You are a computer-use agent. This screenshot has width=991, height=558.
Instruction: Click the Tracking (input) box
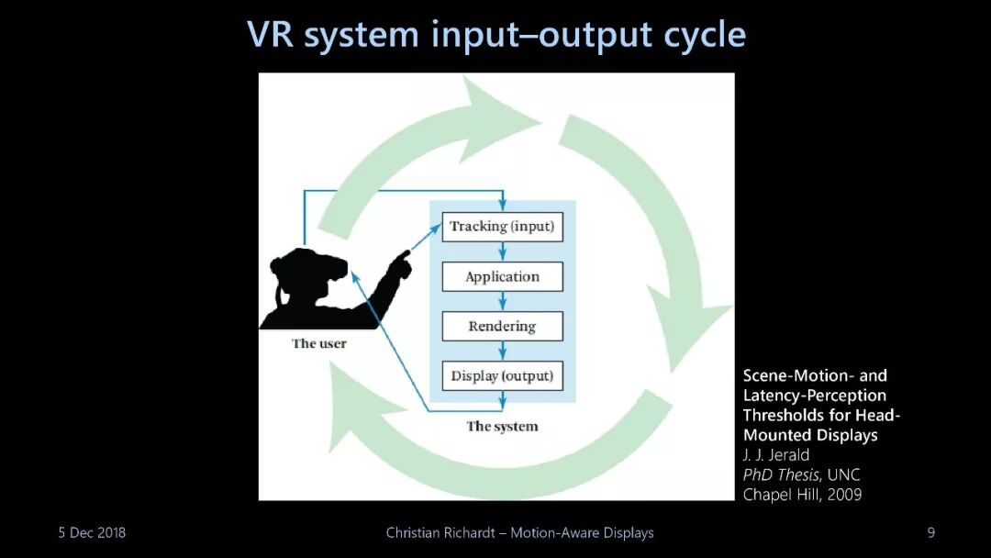502,226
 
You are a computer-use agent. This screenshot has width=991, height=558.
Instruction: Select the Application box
502,276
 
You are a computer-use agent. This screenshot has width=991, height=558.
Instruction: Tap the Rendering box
502,326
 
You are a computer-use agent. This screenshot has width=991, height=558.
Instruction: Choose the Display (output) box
502,375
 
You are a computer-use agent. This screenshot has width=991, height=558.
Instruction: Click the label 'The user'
319,343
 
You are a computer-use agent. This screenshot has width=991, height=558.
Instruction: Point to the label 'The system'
502,426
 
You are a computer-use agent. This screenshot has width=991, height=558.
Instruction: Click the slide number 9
931,532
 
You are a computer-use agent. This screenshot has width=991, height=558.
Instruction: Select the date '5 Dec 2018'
92,532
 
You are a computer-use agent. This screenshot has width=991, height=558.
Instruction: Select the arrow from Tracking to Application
503,251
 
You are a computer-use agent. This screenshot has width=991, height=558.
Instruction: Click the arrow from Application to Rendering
503,301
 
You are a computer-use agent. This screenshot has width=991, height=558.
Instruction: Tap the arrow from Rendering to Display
503,351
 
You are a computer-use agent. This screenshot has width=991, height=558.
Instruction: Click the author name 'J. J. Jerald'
777,454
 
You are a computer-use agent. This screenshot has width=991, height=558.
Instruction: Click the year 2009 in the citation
843,495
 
